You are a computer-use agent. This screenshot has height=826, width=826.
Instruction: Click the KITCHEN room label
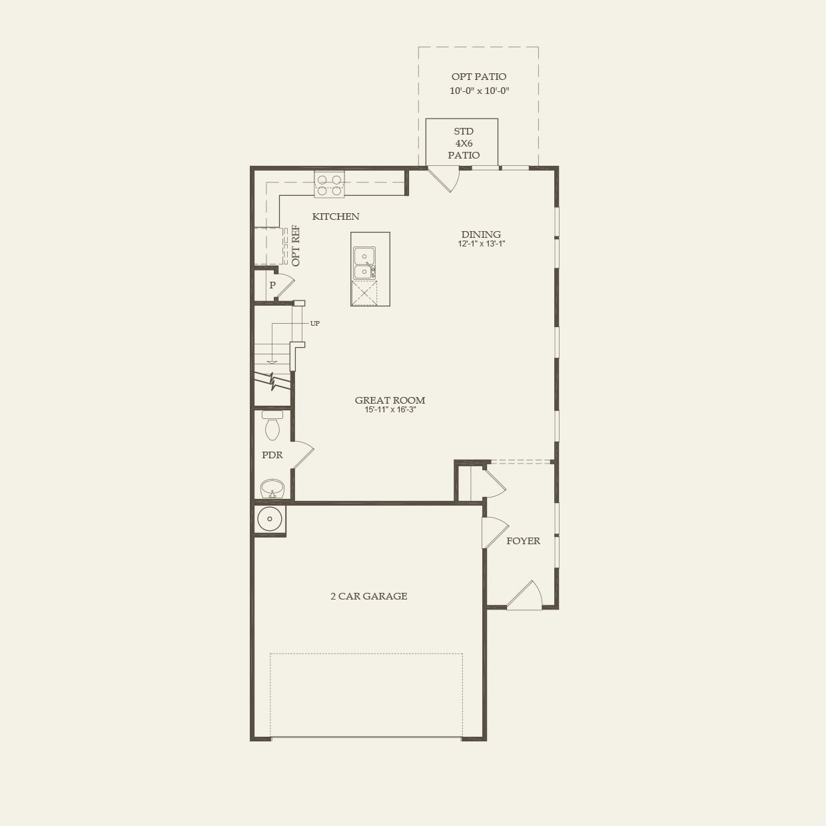coord(336,216)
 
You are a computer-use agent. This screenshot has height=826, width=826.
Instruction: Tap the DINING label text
coord(481,234)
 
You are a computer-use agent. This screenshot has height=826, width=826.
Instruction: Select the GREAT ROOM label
coord(390,400)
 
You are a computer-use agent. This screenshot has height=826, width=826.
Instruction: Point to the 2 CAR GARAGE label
coord(368,596)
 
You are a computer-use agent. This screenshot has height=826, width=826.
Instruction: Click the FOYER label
coord(523,541)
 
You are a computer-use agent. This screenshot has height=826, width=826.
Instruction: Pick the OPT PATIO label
coord(479,77)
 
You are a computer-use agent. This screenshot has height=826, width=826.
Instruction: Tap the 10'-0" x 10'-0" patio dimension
coord(479,91)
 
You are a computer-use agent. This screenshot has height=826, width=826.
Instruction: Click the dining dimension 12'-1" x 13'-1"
coord(482,244)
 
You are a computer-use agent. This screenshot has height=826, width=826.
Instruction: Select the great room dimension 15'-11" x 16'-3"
coord(390,410)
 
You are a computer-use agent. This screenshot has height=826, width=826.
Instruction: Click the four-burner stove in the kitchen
coord(329,185)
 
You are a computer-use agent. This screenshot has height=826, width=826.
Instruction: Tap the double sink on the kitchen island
coord(364,263)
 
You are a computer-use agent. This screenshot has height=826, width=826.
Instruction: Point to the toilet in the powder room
coord(272,426)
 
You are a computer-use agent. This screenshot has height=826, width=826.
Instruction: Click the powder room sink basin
coord(272,489)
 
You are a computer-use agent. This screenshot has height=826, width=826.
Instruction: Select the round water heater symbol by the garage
coord(270,519)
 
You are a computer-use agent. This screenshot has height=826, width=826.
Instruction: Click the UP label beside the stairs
coord(315,324)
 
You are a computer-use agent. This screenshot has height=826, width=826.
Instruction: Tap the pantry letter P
coord(272,285)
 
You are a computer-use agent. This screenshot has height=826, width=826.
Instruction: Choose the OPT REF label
coord(296,246)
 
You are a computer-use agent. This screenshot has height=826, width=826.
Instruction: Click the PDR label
coord(272,455)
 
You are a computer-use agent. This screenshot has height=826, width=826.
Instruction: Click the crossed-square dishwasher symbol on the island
coord(364,293)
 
